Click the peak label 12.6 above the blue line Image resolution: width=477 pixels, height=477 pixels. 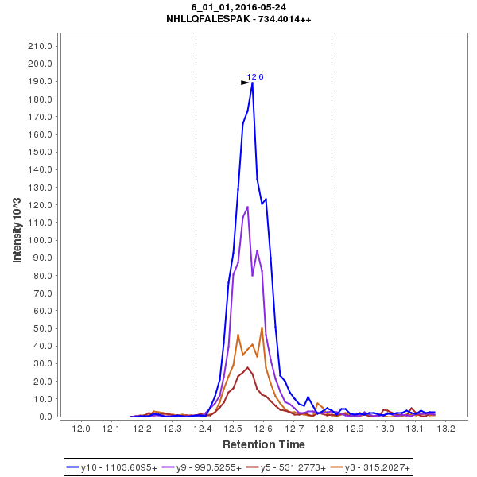pos(254,76)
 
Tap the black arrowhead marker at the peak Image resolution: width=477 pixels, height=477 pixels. pos(246,82)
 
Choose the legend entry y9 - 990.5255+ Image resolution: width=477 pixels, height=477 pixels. pos(203,467)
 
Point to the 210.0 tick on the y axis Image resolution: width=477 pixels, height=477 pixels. pos(41,46)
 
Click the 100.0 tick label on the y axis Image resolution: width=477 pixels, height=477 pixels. pos(41,240)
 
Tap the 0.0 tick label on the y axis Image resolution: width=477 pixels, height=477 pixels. pos(46,417)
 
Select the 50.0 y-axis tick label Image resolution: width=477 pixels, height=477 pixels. pos(43,328)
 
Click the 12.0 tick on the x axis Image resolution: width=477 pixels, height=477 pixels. pos(81,429)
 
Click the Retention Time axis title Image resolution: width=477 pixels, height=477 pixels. pos(263,444)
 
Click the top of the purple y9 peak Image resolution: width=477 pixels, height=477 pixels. pos(247,207)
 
